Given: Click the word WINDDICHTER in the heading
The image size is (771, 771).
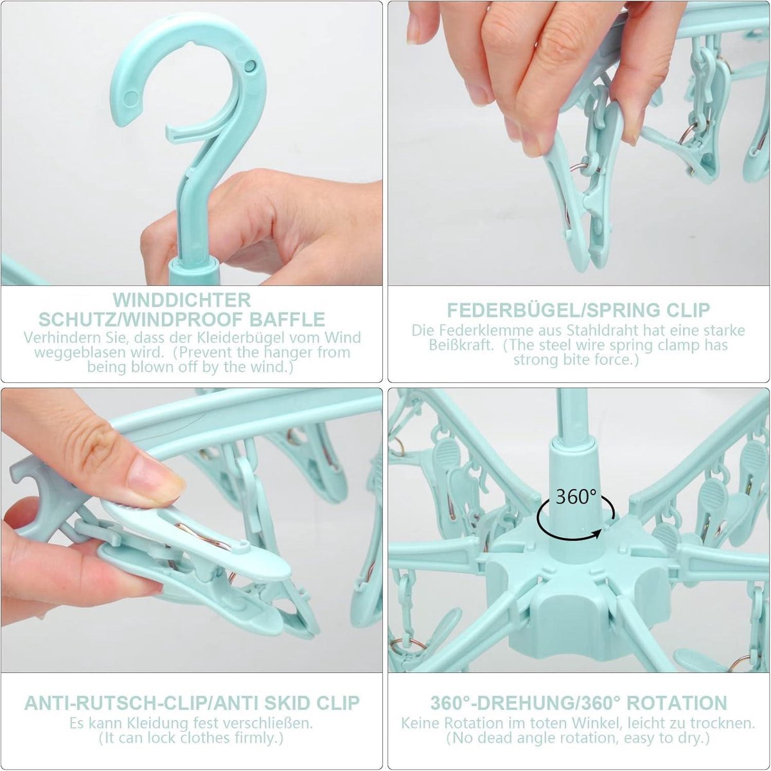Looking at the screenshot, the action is (182, 299).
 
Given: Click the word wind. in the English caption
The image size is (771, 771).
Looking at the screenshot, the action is (276, 367).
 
